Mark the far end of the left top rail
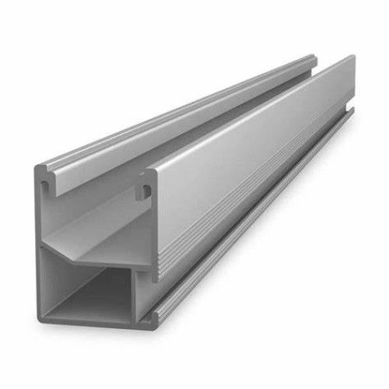313,58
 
